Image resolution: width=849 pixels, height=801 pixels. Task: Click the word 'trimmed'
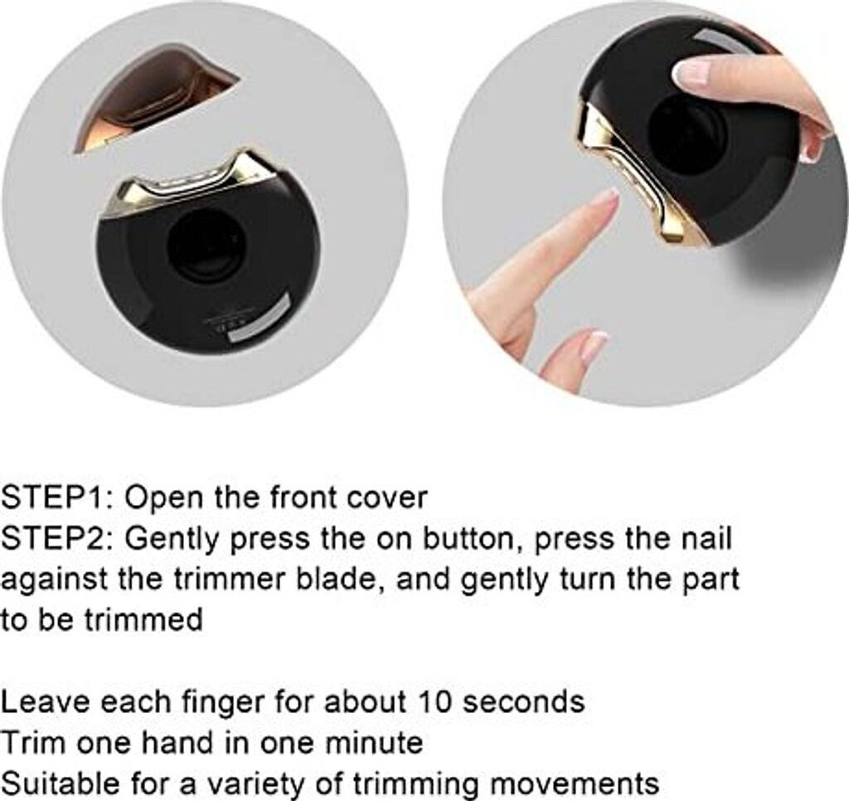tap(143, 619)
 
